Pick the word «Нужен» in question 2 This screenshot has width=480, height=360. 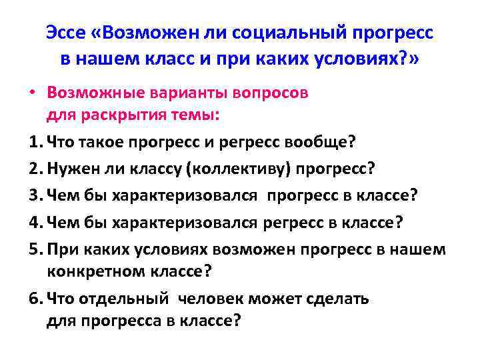click(74, 169)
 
